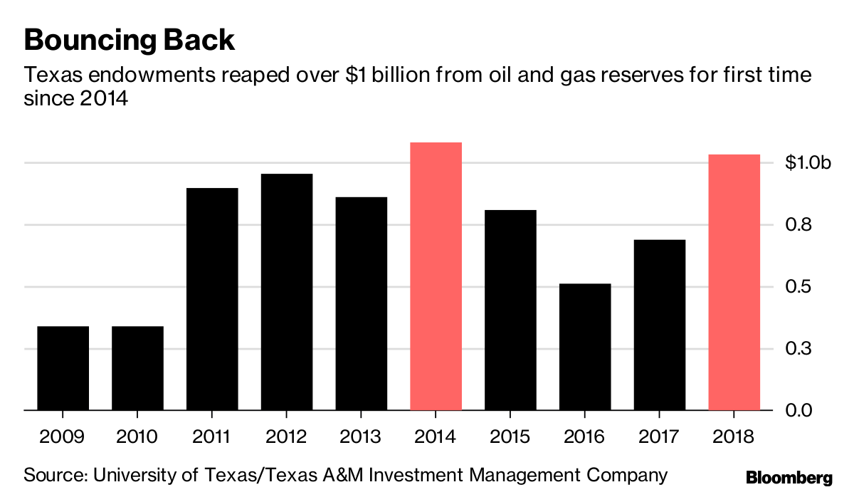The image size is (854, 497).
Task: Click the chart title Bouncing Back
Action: tap(129, 41)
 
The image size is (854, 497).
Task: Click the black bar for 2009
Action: tap(63, 368)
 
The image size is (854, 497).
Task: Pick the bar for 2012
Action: tap(287, 292)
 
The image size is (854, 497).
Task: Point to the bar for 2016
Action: tap(585, 347)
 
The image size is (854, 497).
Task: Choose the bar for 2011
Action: tap(212, 299)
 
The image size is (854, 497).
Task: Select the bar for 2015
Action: tap(511, 310)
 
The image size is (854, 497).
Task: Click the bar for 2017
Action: tap(660, 325)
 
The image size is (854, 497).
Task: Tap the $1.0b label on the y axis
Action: tap(808, 163)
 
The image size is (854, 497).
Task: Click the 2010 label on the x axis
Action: tap(137, 436)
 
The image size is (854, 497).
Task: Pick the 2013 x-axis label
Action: tap(362, 436)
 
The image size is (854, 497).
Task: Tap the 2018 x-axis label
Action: tap(734, 436)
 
